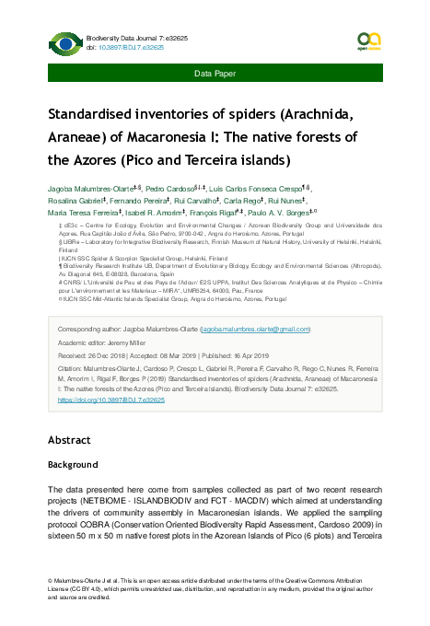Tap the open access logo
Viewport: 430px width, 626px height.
(368, 41)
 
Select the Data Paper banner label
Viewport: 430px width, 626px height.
(215, 72)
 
